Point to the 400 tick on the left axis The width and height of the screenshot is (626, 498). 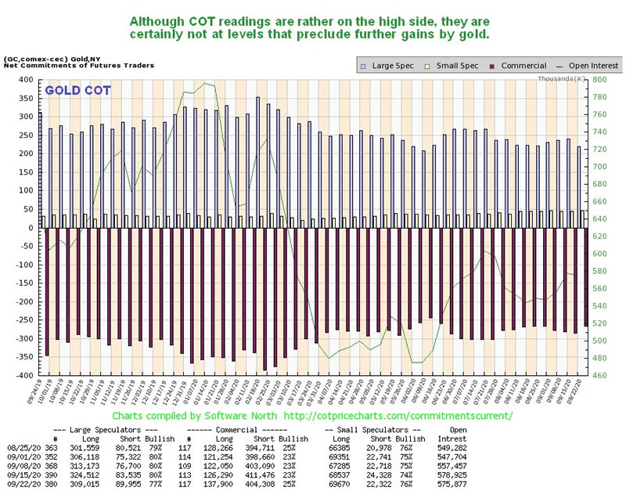pyautogui.click(x=29, y=81)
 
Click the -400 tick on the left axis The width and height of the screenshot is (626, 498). pyautogui.click(x=27, y=376)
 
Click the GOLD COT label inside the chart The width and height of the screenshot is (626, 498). pyautogui.click(x=77, y=91)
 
